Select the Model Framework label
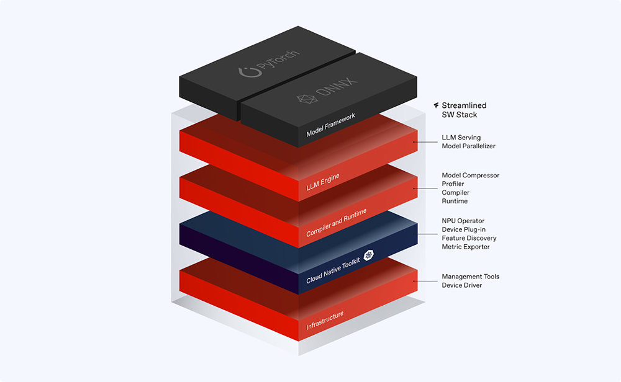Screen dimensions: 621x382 tap(331, 125)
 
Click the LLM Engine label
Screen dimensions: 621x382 tap(323, 182)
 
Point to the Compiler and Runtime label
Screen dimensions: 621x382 tap(336, 223)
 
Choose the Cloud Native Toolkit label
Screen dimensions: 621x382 tap(333, 270)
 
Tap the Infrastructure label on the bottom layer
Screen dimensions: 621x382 tap(325, 321)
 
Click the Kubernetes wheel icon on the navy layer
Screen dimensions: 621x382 tap(369, 255)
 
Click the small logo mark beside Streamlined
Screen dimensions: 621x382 tap(436, 105)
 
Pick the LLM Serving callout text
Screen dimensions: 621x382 tap(461, 137)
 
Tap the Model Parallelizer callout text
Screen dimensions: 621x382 tap(468, 146)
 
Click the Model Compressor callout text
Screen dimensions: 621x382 tap(471, 175)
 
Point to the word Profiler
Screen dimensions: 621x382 tap(453, 184)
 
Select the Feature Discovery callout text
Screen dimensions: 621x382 tap(469, 238)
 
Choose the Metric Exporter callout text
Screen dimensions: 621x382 tap(466, 247)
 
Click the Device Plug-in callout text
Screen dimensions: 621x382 tap(464, 229)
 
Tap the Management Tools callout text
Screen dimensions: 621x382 tap(471, 277)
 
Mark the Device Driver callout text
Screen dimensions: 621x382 tap(462, 285)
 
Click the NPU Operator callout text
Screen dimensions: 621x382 tap(463, 221)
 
